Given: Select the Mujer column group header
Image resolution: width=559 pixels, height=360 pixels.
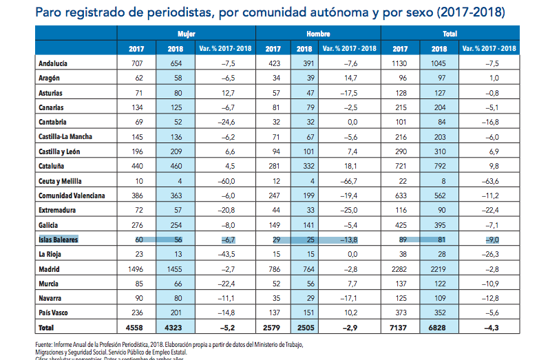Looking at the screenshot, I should pyautogui.click(x=186, y=33).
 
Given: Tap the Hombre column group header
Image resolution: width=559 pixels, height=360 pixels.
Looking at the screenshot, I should pyautogui.click(x=318, y=33).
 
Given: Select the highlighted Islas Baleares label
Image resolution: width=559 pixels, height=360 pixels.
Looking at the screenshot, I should pyautogui.click(x=59, y=240).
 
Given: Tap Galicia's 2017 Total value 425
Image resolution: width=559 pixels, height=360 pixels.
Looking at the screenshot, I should pyautogui.click(x=400, y=224).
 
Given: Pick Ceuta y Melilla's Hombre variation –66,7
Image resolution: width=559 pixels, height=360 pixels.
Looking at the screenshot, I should pyautogui.click(x=354, y=181).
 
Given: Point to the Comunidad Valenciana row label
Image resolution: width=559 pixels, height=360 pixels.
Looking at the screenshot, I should pyautogui.click(x=72, y=195).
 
